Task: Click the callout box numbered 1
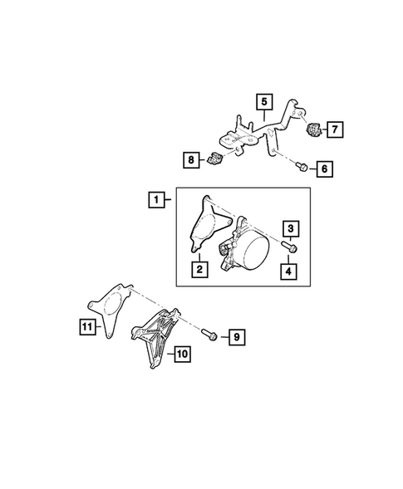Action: click(155, 199)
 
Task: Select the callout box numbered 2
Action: click(199, 269)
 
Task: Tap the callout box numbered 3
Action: click(291, 227)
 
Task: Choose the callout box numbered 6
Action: click(324, 169)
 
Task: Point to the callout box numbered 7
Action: click(335, 130)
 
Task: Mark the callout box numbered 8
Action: click(192, 158)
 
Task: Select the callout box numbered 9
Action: click(236, 337)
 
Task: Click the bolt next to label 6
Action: click(300, 167)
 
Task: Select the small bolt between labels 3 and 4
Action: click(290, 247)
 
